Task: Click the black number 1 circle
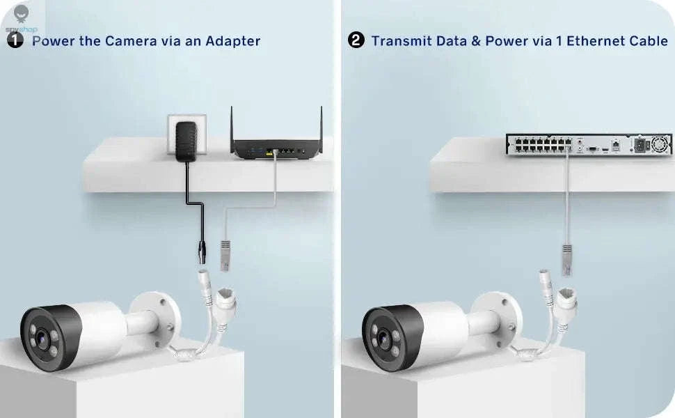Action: (15, 40)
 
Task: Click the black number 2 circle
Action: (356, 40)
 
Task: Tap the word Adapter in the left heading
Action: (233, 41)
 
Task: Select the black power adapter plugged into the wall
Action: (186, 142)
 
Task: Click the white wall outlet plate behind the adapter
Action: (186, 130)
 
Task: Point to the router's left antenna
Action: (232, 127)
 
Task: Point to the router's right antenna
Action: (321, 127)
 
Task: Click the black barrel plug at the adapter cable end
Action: (201, 252)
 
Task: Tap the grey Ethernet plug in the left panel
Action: (225, 256)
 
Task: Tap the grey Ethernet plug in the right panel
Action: (568, 260)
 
